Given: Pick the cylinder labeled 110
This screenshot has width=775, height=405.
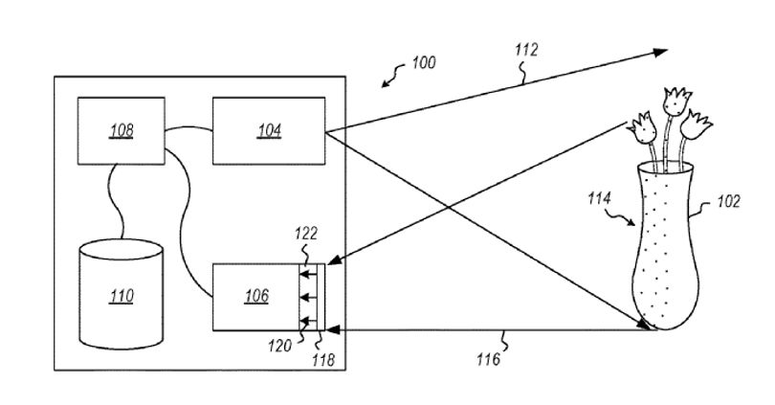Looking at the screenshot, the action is click(122, 294).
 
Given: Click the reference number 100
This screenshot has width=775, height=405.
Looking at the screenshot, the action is click(424, 63).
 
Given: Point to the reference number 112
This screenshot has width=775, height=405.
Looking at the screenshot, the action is click(526, 50).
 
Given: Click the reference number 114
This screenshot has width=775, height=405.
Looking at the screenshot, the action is click(599, 198).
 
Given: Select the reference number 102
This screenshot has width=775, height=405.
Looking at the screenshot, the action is click(728, 201).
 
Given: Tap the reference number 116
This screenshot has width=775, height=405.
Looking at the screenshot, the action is click(488, 359).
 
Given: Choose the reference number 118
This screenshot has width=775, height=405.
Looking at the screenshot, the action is click(323, 359).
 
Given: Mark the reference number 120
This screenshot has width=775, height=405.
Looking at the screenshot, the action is click(279, 346).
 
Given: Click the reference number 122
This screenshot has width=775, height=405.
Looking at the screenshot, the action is click(306, 234).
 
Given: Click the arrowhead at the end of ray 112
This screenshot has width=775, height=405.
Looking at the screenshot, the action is click(660, 53).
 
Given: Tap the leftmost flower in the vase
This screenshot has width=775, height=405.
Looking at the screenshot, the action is click(643, 128).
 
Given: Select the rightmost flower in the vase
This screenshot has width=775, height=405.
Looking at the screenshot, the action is click(696, 124).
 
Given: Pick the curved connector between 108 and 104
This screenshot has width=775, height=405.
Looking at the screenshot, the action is click(188, 127).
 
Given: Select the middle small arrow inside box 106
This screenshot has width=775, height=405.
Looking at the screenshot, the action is click(308, 298).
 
